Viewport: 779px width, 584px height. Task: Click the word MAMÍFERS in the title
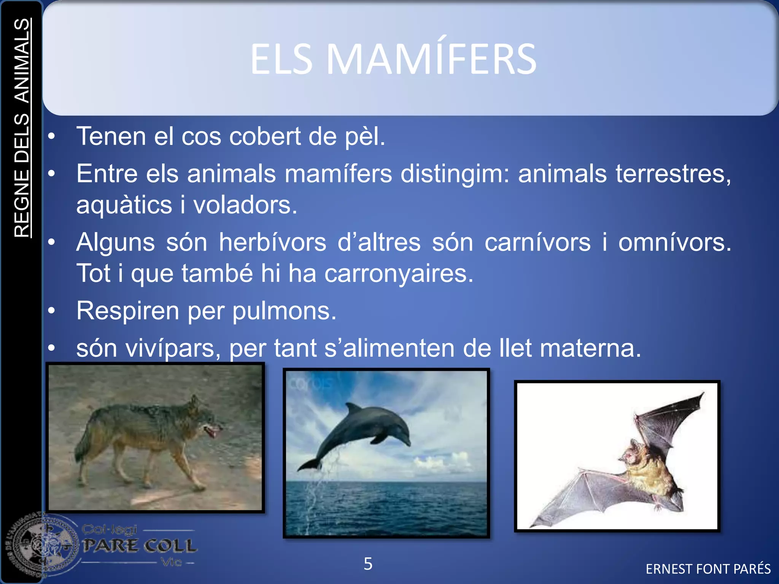coord(431,59)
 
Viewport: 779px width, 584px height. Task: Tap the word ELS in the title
coord(281,59)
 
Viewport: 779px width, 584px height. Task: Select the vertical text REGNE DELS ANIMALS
coord(22,128)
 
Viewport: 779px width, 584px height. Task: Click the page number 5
coord(368,563)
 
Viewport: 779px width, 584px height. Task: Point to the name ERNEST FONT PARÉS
coord(708,569)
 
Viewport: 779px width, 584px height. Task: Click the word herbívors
coord(272,243)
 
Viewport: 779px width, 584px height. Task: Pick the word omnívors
coord(674,243)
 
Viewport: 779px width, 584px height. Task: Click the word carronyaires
coord(399,274)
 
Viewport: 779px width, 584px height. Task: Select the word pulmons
coord(284,311)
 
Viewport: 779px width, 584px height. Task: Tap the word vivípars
coord(173,348)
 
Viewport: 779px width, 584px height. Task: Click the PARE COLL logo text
coord(140,546)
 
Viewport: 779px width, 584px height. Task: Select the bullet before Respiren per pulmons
coord(52,311)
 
